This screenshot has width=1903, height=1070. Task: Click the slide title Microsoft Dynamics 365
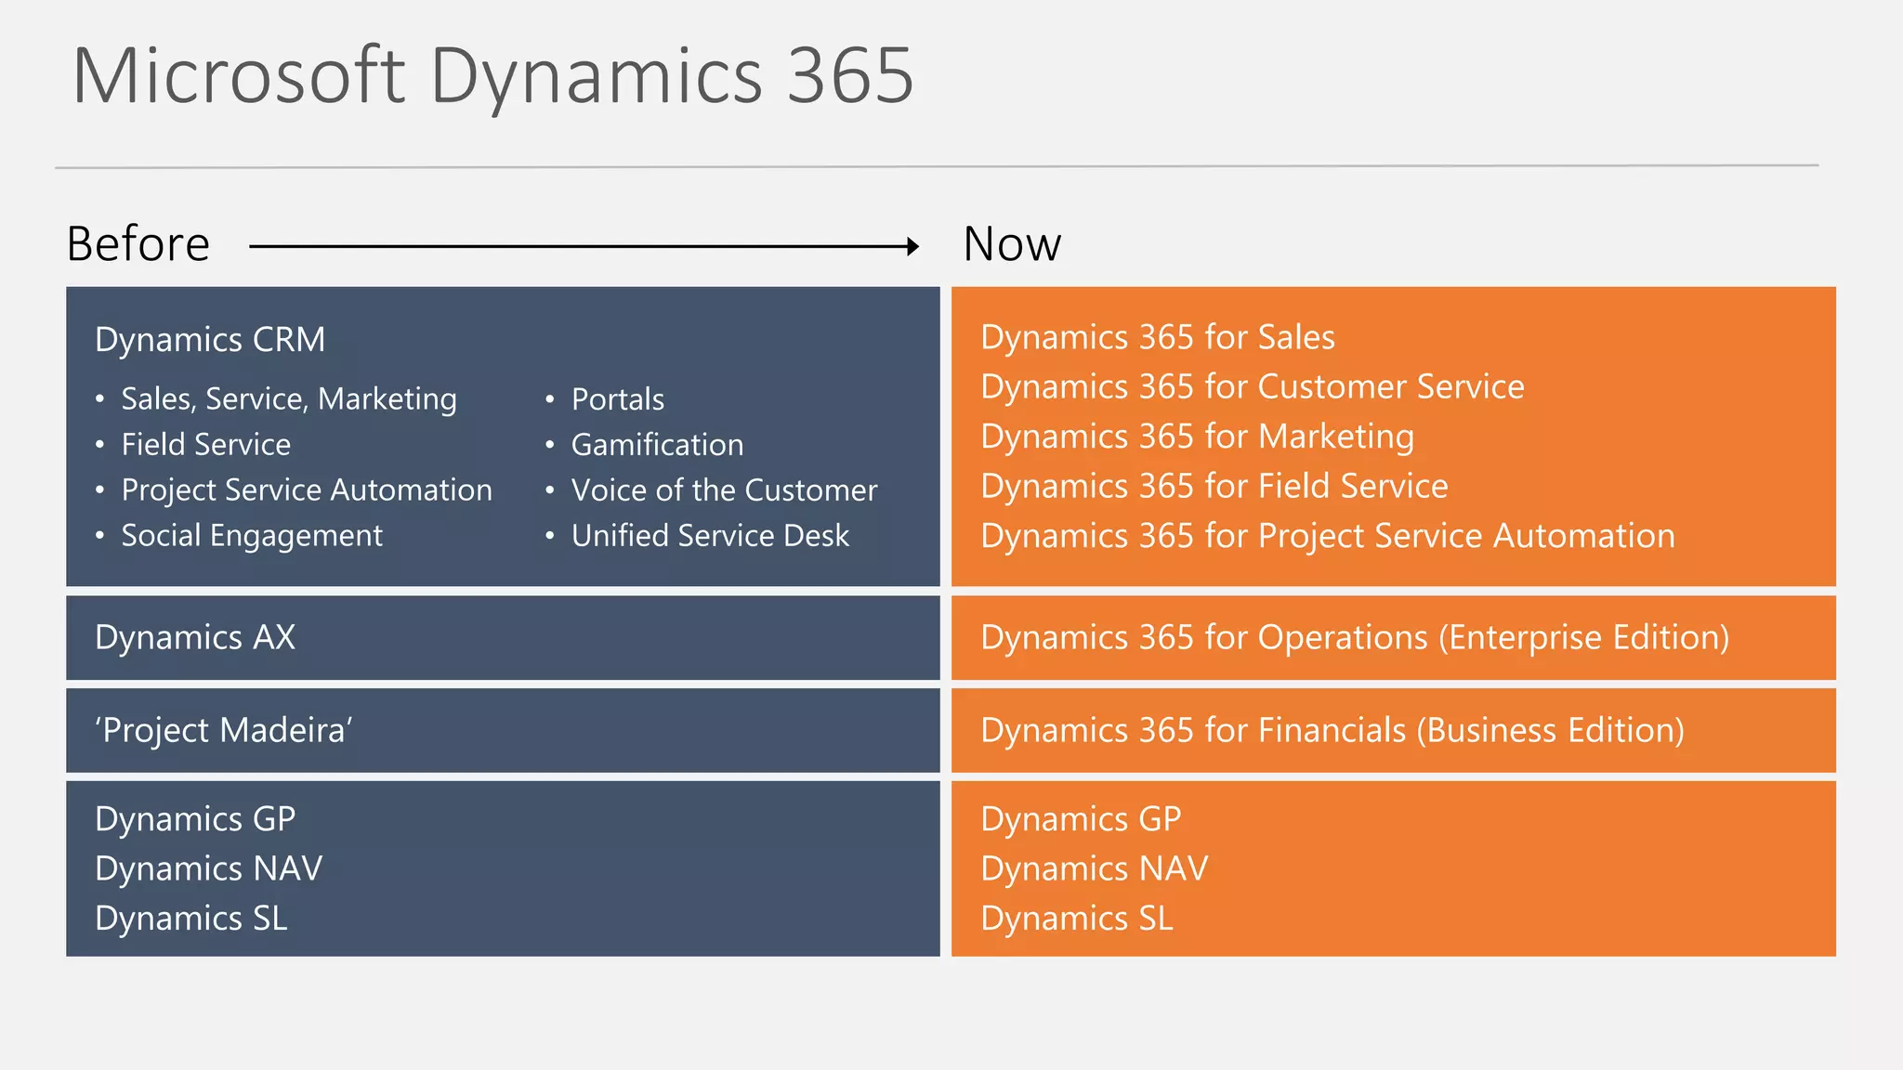[x=492, y=76]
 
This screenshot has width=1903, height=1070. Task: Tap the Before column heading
[x=138, y=244]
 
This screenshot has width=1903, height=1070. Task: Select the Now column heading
[x=1012, y=244]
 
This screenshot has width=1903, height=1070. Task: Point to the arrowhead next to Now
[x=912, y=246]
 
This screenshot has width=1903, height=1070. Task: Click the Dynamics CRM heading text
[x=210, y=340]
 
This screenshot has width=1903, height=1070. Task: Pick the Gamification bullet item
[x=657, y=445]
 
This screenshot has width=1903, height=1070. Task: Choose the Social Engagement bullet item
[x=252, y=536]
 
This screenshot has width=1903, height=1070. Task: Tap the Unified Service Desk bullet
[x=710, y=536]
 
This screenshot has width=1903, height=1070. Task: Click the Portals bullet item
[x=618, y=399]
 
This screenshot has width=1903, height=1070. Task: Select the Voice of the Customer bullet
[x=724, y=490]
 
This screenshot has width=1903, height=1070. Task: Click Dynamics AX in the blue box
[x=195, y=638]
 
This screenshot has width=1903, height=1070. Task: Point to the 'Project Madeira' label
[x=223, y=731]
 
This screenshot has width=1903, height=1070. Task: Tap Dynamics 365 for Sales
[x=1158, y=337]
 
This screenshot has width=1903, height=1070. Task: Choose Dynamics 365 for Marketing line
[x=1197, y=437]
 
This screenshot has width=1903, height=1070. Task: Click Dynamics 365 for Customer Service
[x=1253, y=386]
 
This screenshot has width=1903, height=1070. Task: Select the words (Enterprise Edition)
[x=1583, y=638]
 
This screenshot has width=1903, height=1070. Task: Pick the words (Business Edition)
[x=1550, y=731]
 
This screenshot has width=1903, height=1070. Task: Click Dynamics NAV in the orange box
[x=1095, y=869]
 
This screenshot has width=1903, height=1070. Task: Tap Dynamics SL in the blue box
[x=191, y=919]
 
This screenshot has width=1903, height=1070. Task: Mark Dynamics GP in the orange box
[x=1081, y=819]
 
